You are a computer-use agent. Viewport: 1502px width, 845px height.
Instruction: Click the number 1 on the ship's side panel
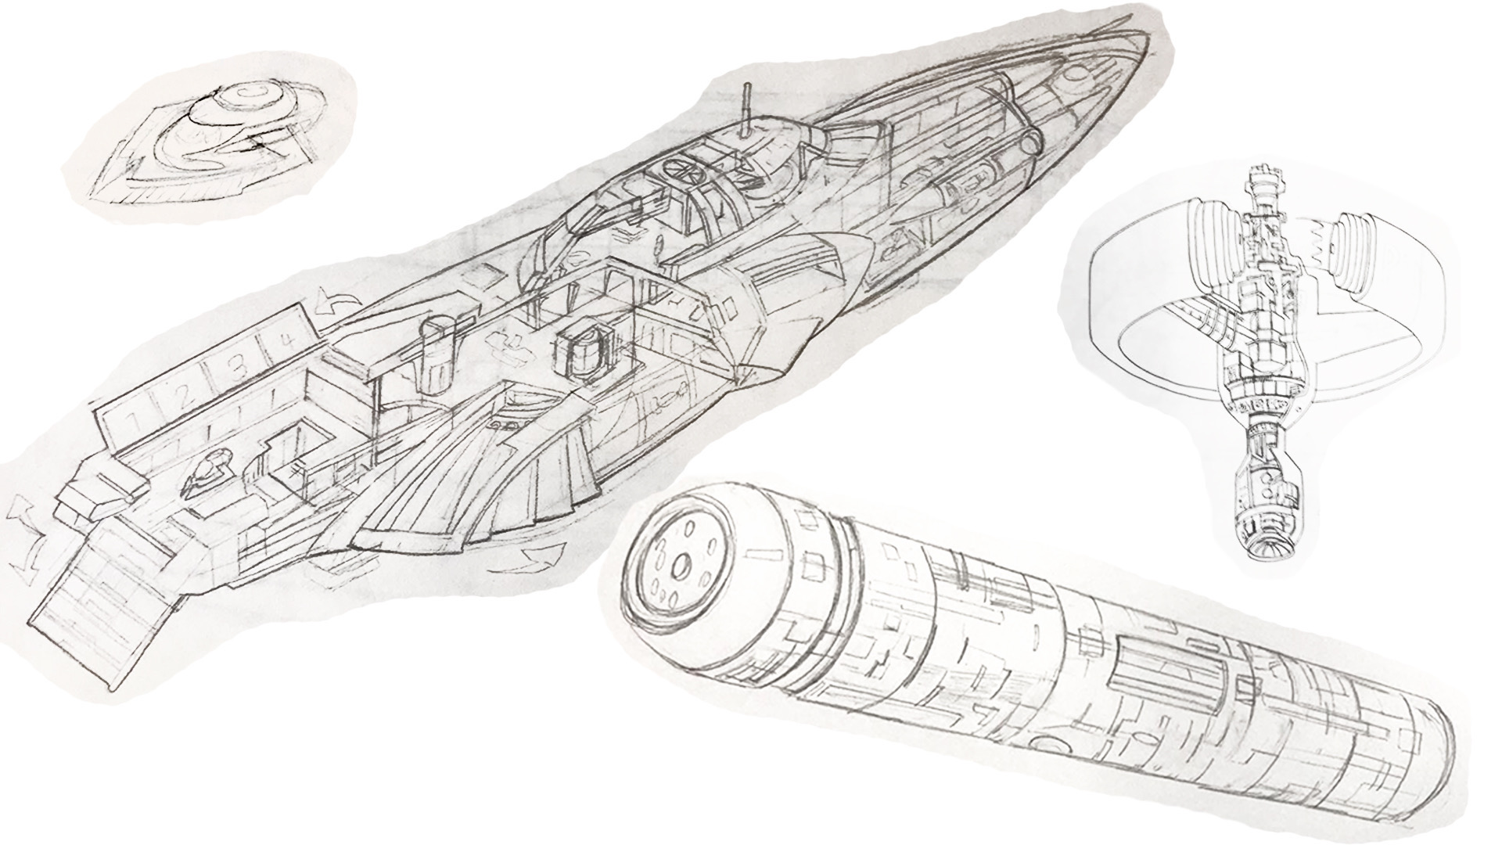[x=134, y=422]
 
